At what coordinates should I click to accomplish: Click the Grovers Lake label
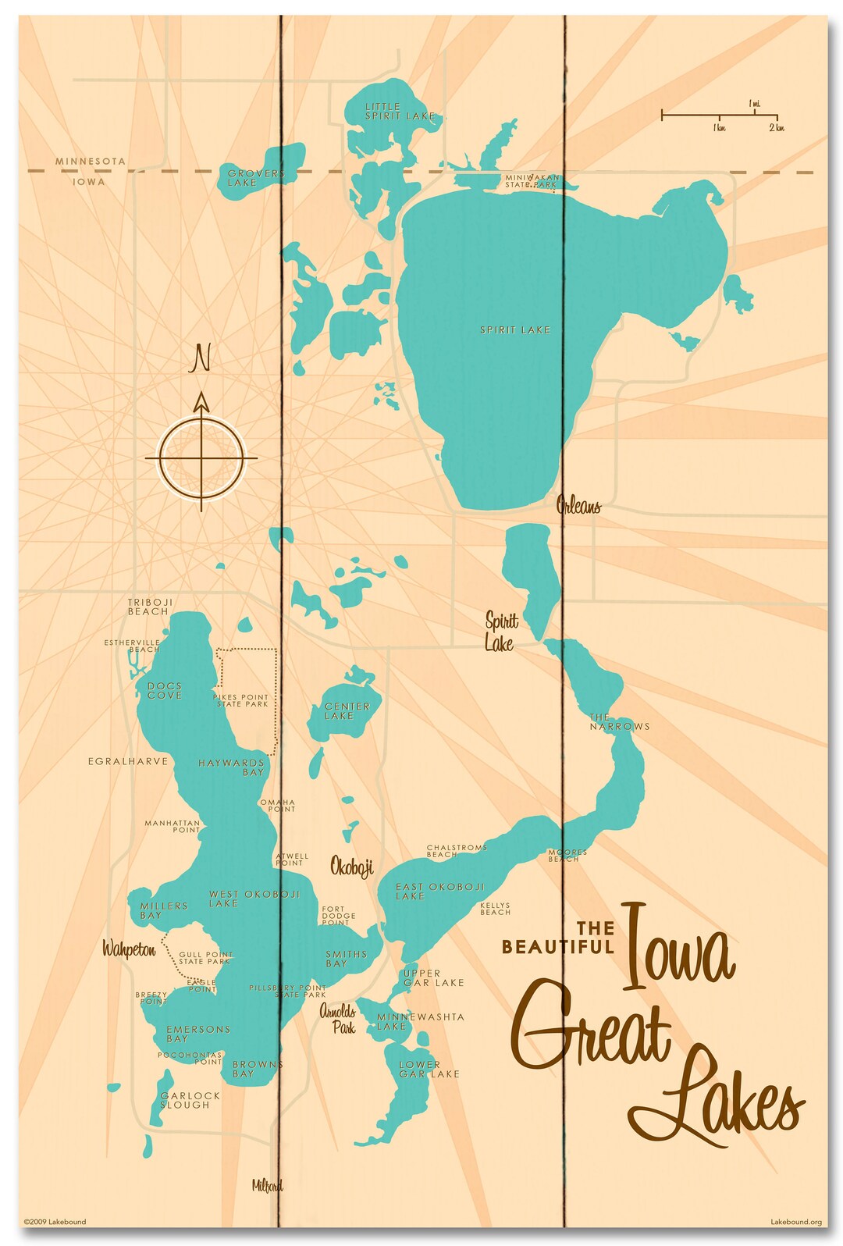coord(255,178)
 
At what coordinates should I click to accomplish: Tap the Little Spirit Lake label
coord(399,111)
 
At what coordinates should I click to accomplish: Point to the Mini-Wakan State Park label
coord(532,181)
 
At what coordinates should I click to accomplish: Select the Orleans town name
coord(578,506)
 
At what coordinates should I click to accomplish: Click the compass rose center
coord(201,457)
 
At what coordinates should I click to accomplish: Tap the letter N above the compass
coord(201,358)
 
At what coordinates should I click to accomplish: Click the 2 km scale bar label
coord(776,128)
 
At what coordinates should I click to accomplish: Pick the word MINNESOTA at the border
coord(90,161)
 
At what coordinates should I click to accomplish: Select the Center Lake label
coord(347,710)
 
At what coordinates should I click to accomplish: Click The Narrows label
coord(619,721)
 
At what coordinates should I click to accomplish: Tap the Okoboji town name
coord(351,867)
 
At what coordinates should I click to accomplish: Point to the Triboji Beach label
coord(150,607)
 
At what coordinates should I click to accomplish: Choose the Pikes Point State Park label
coord(241,700)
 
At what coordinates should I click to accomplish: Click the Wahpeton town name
coord(129,949)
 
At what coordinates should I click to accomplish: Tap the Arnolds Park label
coord(339,1020)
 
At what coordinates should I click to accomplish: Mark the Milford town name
coord(267,1186)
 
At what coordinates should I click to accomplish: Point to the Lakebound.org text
coord(795,1222)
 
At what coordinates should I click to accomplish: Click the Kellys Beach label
coord(495,909)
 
